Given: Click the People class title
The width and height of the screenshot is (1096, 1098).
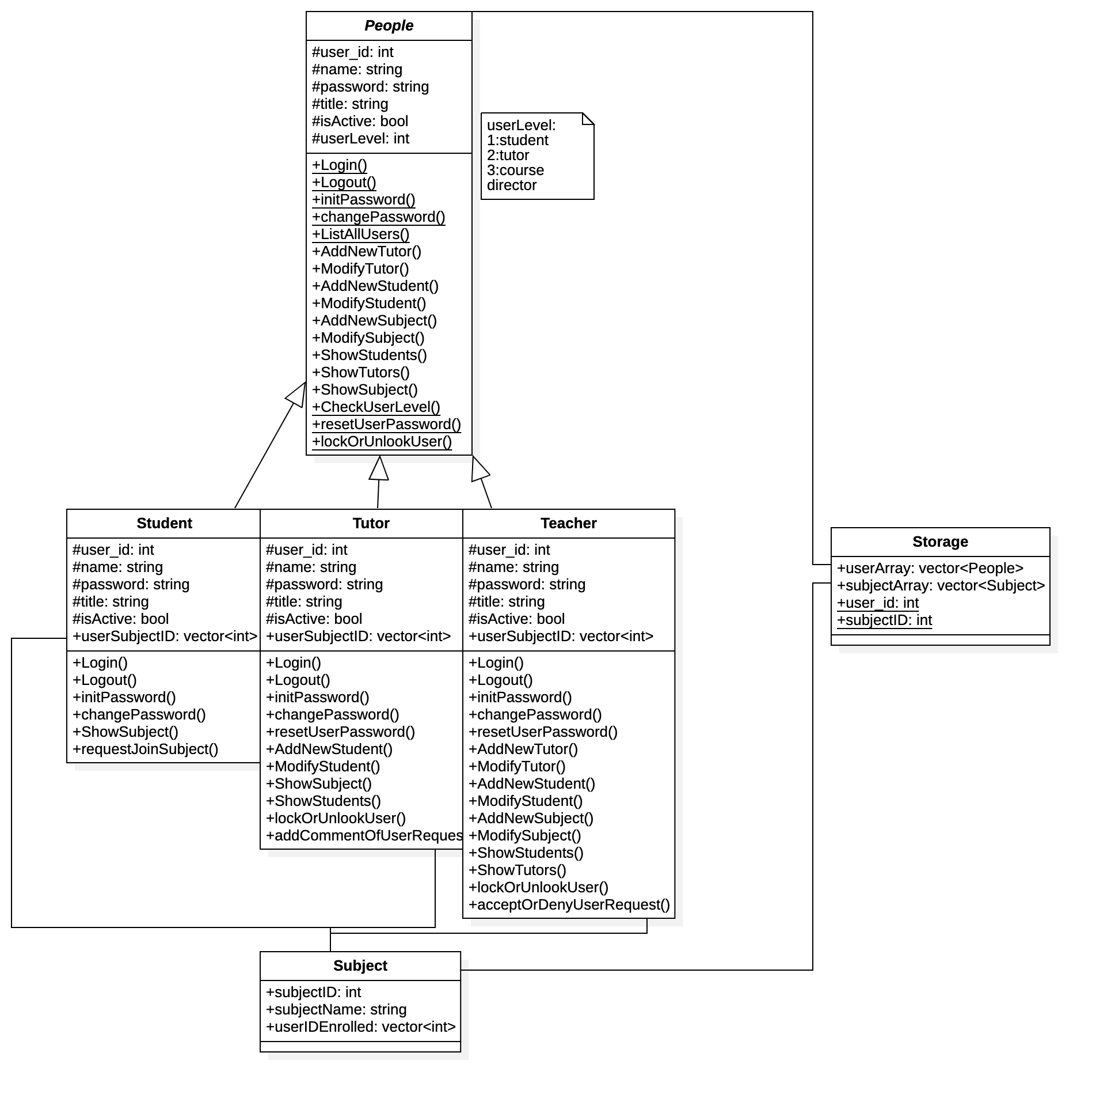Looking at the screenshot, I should (x=389, y=26).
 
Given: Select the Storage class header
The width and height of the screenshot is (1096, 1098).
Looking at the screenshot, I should (x=940, y=542).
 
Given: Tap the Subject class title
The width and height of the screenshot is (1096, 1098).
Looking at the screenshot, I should (x=360, y=966).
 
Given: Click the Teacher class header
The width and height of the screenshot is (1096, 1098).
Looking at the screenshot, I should (x=568, y=524).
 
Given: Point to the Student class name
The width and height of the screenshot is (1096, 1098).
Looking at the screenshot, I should (x=164, y=524).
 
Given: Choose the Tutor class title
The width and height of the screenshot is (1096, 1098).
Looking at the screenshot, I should (x=371, y=524).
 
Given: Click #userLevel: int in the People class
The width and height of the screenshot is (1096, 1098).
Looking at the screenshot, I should (x=360, y=139).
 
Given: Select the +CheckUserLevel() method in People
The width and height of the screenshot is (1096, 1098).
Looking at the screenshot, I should (x=376, y=407).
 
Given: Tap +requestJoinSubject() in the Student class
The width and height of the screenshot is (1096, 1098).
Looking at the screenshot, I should (x=145, y=749).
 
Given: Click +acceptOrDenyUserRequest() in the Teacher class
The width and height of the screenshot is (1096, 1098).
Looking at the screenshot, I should (x=569, y=905).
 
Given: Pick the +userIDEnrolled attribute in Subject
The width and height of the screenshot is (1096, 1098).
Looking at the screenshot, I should (x=360, y=1027).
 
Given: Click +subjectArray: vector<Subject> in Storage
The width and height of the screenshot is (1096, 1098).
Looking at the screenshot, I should (x=941, y=586).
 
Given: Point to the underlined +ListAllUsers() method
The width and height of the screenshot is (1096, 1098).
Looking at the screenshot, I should (x=360, y=234).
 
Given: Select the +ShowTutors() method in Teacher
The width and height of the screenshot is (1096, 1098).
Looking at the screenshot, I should (x=517, y=870).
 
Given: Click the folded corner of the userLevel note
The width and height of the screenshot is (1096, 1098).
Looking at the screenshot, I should (x=588, y=119).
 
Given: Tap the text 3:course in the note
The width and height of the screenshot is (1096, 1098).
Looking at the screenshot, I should (x=515, y=171).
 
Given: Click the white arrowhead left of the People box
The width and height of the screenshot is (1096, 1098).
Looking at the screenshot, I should (x=296, y=396).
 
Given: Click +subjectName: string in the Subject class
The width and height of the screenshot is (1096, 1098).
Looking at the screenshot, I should (x=336, y=1010).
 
